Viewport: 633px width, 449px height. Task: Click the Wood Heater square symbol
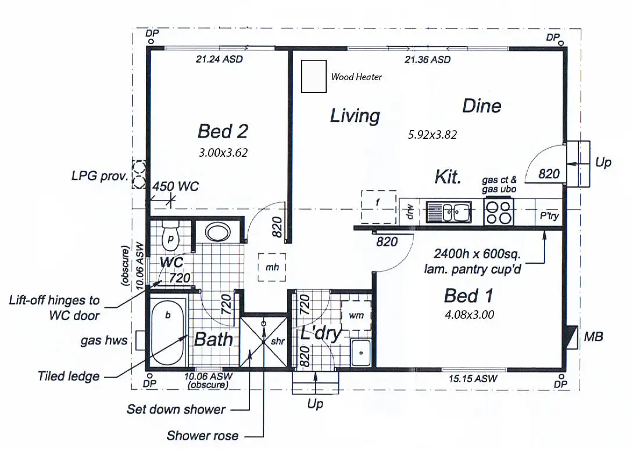click(x=314, y=76)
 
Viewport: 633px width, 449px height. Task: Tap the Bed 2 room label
click(x=223, y=131)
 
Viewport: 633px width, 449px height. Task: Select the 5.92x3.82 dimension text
click(x=432, y=135)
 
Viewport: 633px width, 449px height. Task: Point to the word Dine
click(x=481, y=106)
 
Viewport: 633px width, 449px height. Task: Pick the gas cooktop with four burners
click(x=499, y=212)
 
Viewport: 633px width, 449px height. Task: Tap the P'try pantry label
click(x=549, y=216)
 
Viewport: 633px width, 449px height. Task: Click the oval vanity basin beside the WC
click(x=218, y=233)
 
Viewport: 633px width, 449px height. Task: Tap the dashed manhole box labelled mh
click(x=271, y=268)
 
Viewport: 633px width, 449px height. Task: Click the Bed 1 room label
click(x=469, y=296)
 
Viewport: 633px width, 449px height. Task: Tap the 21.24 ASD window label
click(x=219, y=59)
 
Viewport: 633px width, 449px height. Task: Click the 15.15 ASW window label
click(x=473, y=379)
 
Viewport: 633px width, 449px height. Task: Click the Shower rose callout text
click(x=202, y=435)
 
